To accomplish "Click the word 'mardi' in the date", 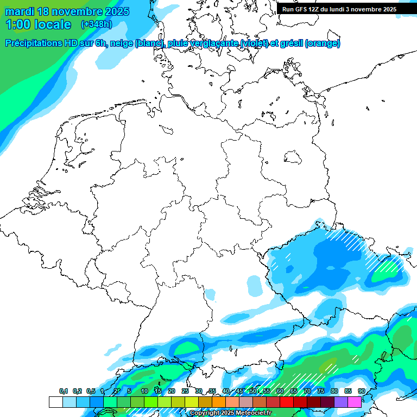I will click(20, 11).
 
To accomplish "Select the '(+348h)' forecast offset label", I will click(96, 24).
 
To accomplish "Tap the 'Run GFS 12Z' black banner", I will click(339, 9).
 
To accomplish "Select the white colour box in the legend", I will click(55, 402).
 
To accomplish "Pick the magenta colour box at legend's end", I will click(355, 402).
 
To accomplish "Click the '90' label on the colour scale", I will click(361, 391).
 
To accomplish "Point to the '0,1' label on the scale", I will click(63, 391).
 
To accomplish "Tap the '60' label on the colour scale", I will click(280, 391).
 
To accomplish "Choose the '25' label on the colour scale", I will click(185, 391).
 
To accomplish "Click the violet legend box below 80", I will click(341, 402).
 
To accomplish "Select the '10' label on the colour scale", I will click(144, 391).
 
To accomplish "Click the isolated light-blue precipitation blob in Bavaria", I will click(254, 284).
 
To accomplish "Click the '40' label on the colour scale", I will click(226, 391).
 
